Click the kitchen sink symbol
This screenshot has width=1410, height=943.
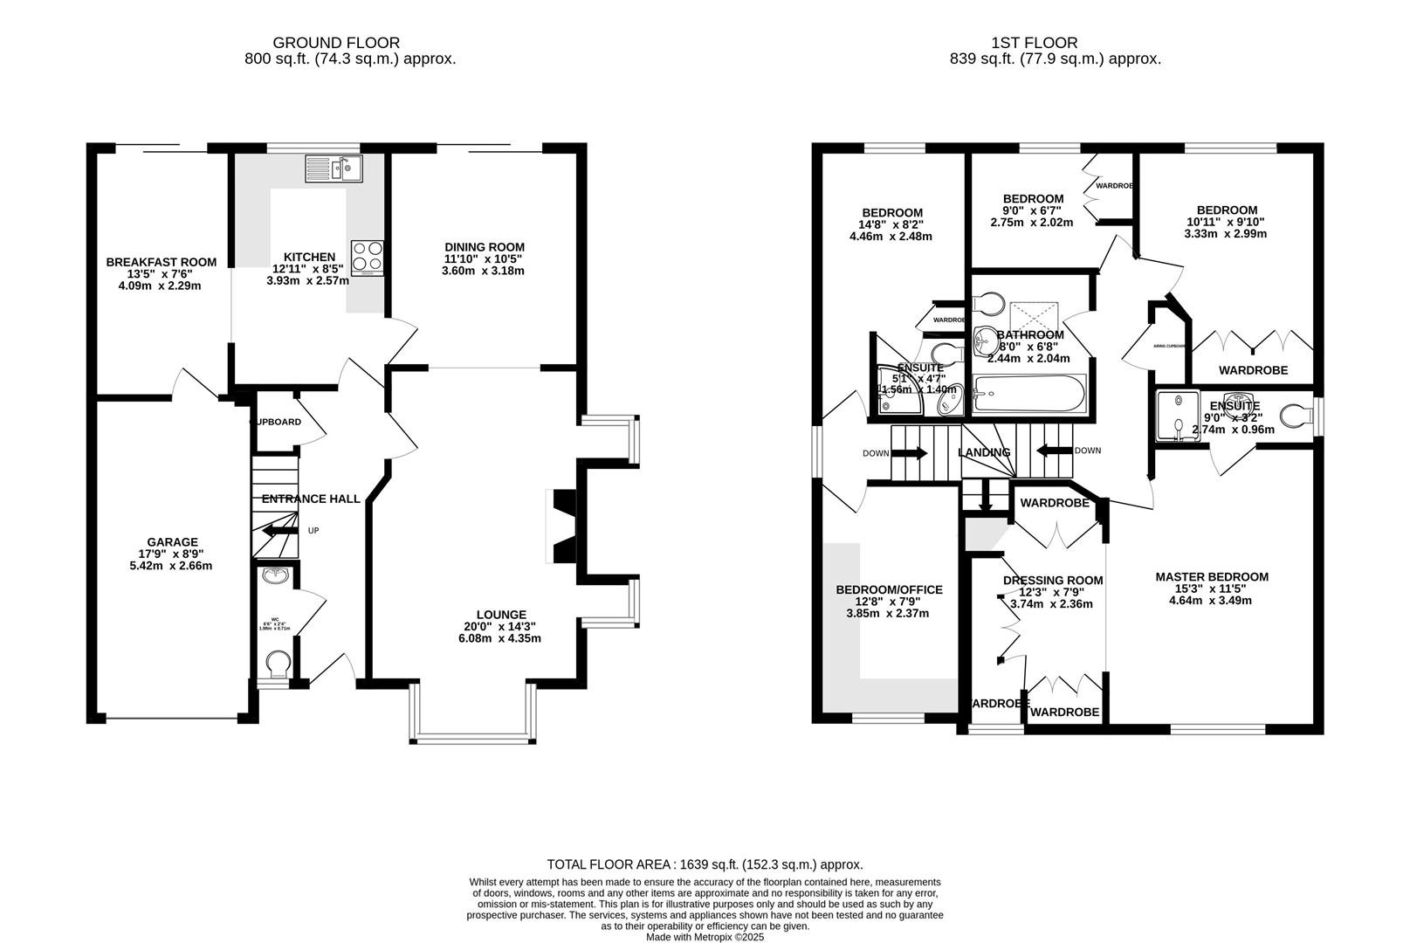[334, 168]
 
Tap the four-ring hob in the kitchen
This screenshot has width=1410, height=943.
[368, 257]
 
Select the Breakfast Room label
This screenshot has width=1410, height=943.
[161, 262]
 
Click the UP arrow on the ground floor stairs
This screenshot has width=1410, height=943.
[280, 530]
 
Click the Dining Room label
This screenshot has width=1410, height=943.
[485, 247]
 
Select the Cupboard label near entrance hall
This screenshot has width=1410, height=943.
[277, 422]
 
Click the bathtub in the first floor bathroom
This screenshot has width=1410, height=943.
[1029, 395]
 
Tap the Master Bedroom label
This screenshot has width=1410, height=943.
[1212, 576]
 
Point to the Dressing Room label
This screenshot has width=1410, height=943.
[1053, 581]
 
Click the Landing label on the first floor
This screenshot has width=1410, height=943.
[984, 452]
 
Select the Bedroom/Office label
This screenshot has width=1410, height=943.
[890, 589]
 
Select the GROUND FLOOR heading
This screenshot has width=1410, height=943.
[336, 42]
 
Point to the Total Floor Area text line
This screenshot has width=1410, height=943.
[705, 864]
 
